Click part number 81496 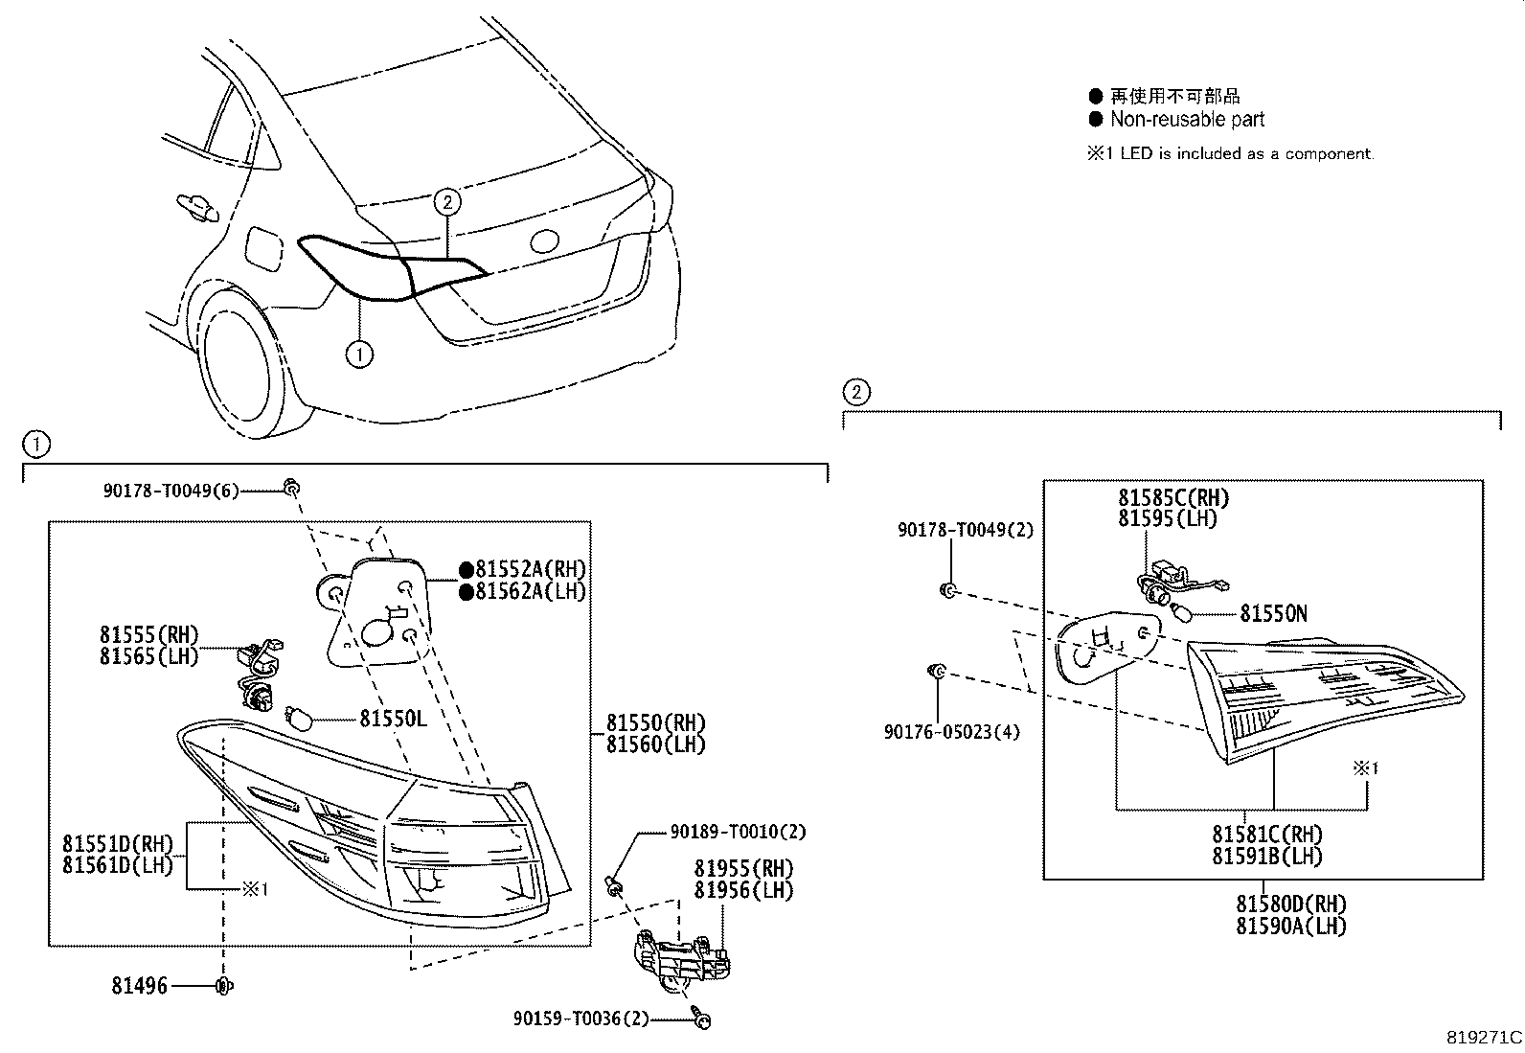point(139,986)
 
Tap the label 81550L point(393,719)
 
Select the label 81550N point(1273,613)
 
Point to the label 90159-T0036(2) point(581,1019)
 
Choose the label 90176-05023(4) point(951,732)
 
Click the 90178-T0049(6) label point(171,491)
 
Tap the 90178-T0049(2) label point(966,530)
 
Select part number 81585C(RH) point(1173,498)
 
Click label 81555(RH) point(148,634)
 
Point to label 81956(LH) point(744,890)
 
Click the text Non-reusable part point(1187,120)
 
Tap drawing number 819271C point(1484,1038)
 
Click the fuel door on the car point(263,248)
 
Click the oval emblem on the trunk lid point(544,241)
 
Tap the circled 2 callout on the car point(446,201)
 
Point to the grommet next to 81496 point(224,986)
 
